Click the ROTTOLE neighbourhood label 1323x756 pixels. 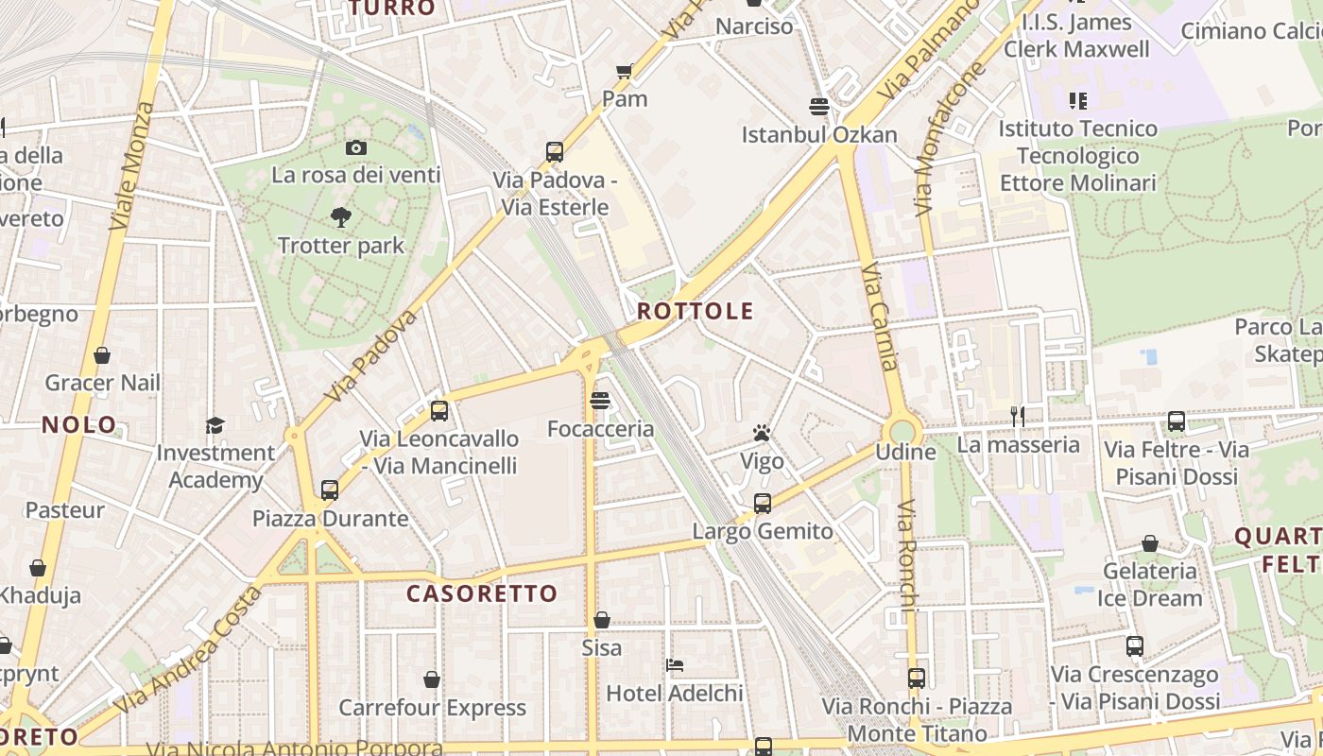[x=695, y=311]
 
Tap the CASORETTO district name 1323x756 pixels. [x=482, y=593]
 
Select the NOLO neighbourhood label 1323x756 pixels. [x=79, y=424]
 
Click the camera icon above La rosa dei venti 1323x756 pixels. [x=356, y=147]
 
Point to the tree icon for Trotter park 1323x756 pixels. [x=341, y=218]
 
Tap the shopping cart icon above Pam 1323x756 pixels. [x=625, y=71]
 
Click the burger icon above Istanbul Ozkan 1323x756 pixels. [x=819, y=106]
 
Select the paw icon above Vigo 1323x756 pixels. [x=762, y=434]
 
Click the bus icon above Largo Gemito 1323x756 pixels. [x=763, y=503]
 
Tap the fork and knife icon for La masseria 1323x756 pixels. [x=1017, y=416]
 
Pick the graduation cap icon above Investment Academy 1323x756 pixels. [x=215, y=424]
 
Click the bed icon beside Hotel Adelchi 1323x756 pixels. [x=675, y=665]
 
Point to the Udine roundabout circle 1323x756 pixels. [x=904, y=431]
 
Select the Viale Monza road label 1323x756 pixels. [x=131, y=165]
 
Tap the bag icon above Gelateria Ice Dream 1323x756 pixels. [x=1150, y=543]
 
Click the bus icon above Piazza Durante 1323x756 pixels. [x=330, y=490]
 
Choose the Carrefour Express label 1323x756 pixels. [x=432, y=707]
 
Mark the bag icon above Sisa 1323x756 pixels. [x=602, y=620]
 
